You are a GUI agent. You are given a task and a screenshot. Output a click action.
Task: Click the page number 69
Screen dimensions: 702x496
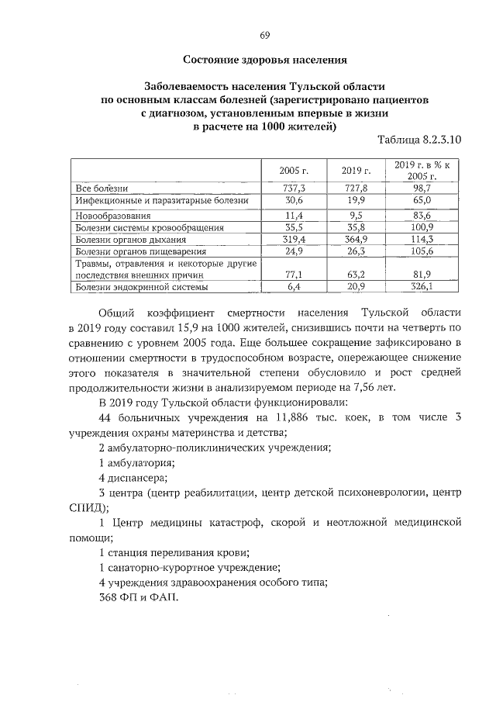264,36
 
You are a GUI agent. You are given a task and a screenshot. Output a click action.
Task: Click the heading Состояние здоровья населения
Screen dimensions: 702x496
264,59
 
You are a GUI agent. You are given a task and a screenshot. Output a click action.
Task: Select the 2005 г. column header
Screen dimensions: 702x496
294,171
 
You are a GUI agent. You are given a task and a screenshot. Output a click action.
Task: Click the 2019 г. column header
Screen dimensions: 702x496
356,171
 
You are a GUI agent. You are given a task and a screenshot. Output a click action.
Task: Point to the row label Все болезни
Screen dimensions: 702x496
101,188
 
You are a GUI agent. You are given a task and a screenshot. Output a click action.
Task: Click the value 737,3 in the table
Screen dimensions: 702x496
294,188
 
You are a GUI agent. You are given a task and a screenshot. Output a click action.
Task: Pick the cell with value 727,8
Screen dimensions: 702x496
356,188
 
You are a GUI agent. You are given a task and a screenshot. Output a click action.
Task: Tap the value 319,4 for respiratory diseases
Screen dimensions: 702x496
294,240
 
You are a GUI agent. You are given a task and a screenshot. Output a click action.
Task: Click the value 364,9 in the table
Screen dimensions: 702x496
356,240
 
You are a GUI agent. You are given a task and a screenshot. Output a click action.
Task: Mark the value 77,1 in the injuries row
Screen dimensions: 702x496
294,274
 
